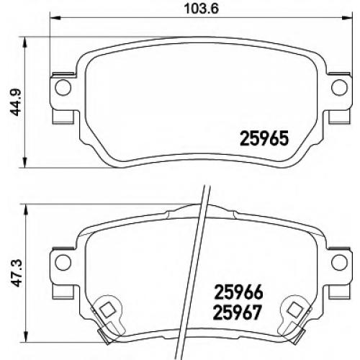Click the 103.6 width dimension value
(202, 9)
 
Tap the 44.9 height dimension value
(17, 103)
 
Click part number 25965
(264, 139)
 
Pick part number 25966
(238, 292)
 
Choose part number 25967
(237, 312)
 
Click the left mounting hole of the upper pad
(63, 88)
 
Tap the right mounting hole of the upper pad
(339, 88)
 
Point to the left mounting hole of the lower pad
(63, 262)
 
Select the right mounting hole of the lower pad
(339, 262)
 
